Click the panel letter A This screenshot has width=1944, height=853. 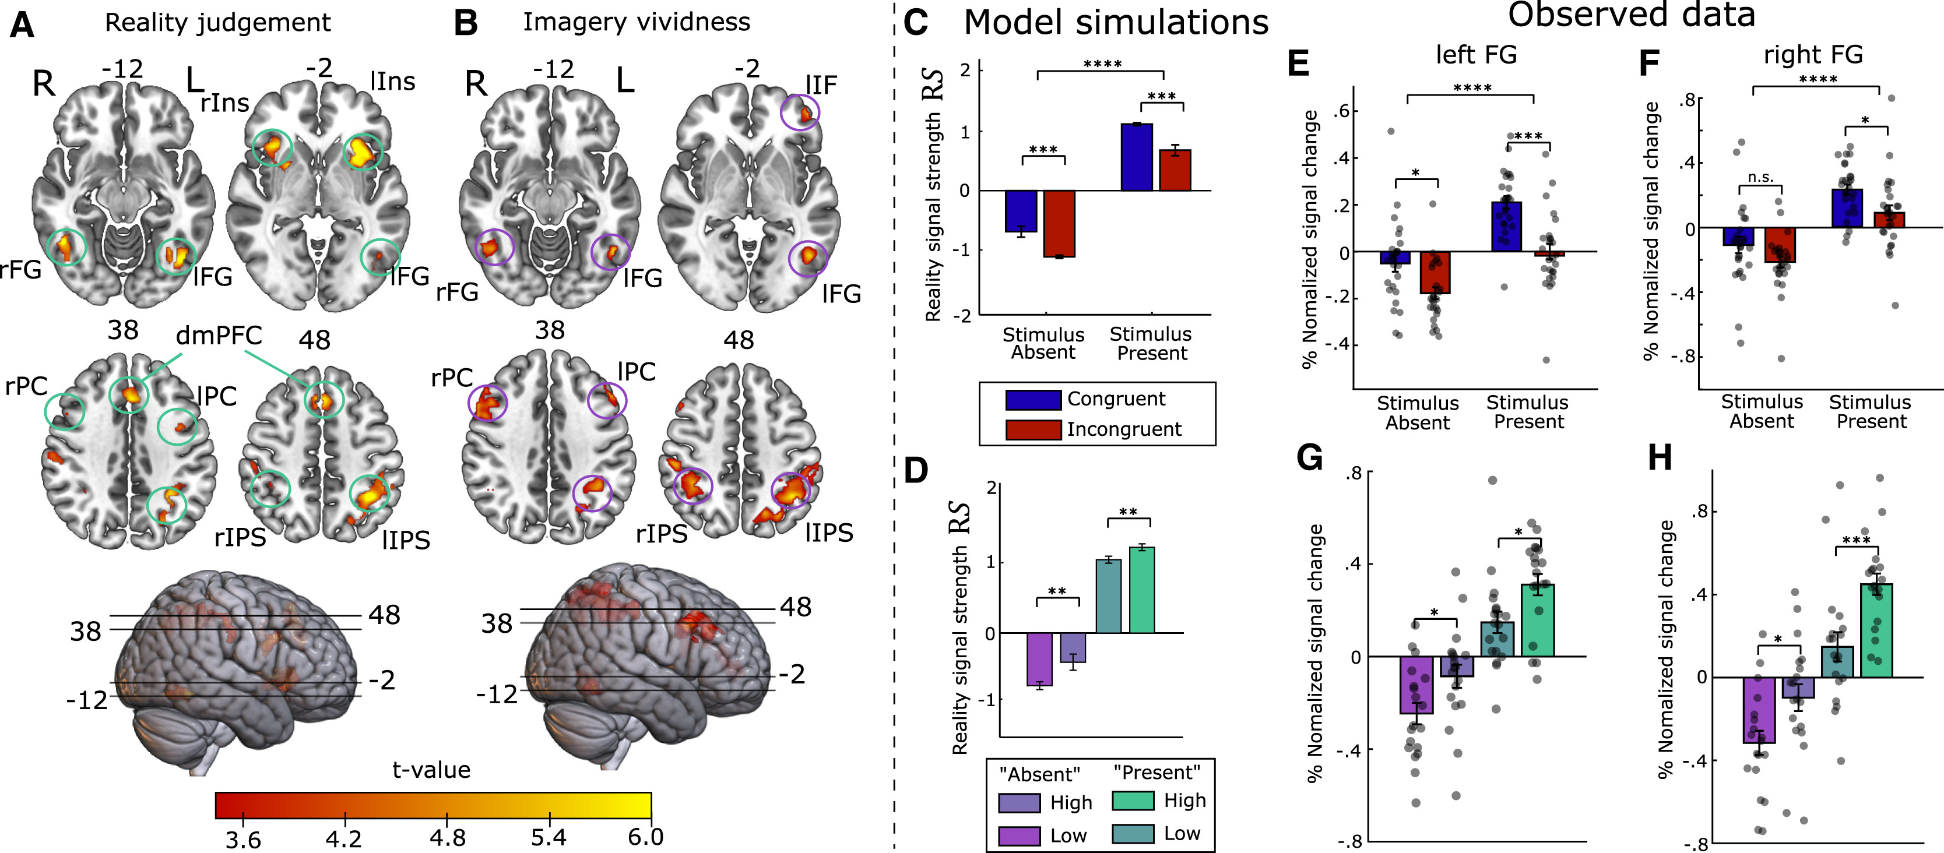[22, 25]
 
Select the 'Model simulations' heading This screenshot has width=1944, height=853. [1116, 23]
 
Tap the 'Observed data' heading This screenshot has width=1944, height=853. [1631, 15]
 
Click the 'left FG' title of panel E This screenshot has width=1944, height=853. [1476, 54]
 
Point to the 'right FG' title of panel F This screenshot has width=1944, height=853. [1813, 54]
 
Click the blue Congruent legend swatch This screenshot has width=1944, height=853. [1033, 399]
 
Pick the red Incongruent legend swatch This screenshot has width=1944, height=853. [1033, 429]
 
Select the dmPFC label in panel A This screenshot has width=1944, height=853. [219, 336]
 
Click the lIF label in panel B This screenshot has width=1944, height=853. [821, 85]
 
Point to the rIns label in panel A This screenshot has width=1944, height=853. [224, 103]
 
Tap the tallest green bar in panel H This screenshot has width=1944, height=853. [1876, 630]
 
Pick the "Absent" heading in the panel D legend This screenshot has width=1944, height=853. [1039, 774]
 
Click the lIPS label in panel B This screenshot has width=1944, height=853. [829, 533]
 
